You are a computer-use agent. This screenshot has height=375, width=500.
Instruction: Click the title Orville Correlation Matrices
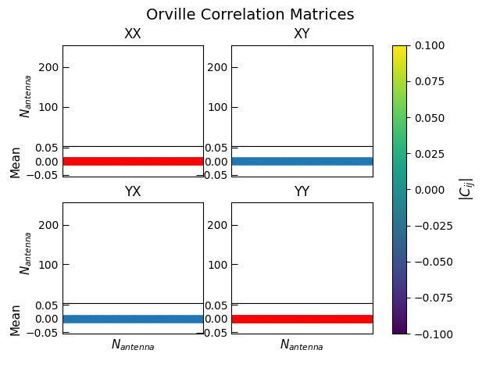pos(250,15)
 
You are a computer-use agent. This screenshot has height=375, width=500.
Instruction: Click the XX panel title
pos(133,34)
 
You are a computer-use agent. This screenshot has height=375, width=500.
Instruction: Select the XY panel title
pos(302,34)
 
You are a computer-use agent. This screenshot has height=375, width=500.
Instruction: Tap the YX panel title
pos(133,191)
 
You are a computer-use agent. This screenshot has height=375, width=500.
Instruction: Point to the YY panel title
pos(302,191)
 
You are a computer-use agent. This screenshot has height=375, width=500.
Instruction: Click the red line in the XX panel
pos(133,161)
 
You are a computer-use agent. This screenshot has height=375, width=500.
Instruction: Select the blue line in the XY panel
pos(302,161)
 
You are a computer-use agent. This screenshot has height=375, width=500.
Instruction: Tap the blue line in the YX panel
pos(133,319)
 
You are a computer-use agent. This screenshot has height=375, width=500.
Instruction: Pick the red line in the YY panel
pos(302,319)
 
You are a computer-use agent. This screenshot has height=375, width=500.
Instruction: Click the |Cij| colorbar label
pos(466,189)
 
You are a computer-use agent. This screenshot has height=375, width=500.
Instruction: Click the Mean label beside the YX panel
pos(16,320)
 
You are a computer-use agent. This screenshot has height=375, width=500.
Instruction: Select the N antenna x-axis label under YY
pos(302,345)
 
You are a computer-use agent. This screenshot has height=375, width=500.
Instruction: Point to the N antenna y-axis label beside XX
pos(26,96)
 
